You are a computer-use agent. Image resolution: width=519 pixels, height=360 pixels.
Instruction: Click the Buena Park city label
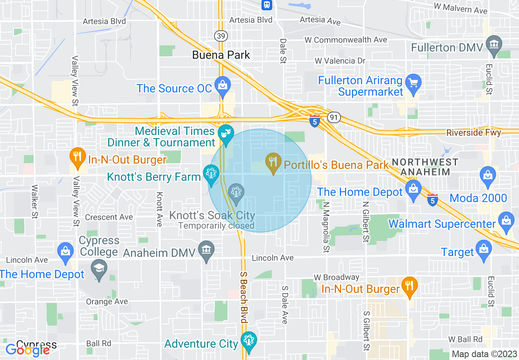221,55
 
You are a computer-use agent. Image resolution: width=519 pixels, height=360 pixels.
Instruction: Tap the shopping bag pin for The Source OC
223,85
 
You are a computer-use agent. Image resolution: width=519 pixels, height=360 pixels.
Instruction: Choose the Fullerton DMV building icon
494,43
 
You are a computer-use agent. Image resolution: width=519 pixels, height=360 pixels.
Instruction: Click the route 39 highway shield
221,36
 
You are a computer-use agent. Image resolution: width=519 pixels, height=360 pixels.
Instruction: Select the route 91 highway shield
334,118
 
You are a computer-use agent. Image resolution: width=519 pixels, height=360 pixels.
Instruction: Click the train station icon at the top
267,4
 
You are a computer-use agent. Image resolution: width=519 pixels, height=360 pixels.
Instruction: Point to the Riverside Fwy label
473,133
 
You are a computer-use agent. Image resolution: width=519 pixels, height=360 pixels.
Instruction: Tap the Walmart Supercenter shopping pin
506,220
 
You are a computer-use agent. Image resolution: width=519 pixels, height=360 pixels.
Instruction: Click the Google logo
27,350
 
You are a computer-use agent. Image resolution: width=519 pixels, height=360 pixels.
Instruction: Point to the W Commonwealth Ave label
346,40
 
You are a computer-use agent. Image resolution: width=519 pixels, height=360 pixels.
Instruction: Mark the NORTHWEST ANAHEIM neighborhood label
425,167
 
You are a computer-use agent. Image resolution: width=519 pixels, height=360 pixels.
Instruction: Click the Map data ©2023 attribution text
483,354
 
